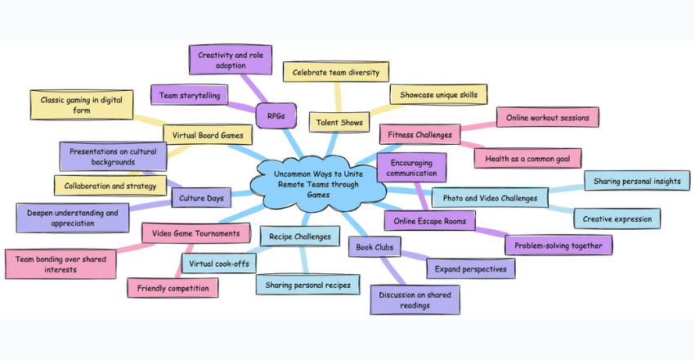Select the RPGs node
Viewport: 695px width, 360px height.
276,116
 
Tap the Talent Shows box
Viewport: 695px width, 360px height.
339,123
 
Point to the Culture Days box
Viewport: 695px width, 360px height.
203,197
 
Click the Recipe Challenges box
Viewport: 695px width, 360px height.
300,237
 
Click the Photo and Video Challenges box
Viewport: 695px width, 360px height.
490,197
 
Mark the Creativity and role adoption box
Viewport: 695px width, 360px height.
230,60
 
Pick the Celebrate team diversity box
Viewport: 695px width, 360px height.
335,72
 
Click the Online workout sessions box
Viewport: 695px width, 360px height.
547,117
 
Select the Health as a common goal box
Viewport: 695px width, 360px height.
527,158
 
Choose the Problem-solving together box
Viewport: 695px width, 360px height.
558,245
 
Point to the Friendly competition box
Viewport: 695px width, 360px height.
173,288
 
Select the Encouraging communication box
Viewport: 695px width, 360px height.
411,167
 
